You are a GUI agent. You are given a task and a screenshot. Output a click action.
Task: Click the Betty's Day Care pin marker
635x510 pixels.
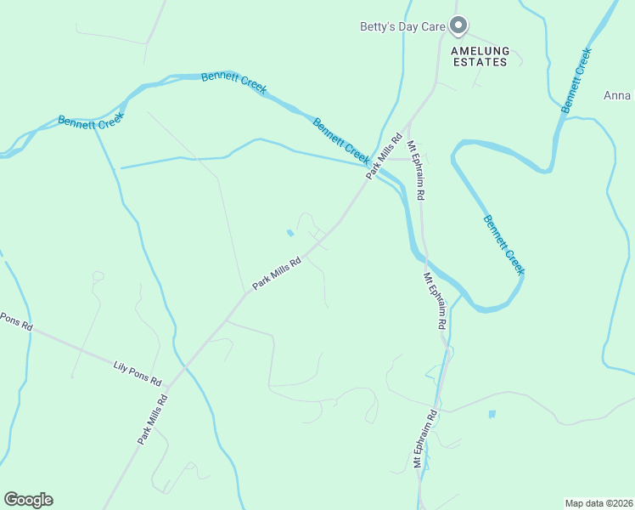pos(458,25)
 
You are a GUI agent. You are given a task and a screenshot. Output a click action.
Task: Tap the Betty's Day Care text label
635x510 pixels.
pos(402,27)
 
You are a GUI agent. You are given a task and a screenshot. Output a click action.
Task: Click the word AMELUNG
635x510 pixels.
pos(480,51)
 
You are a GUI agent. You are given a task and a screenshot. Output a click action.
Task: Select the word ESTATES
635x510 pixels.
pos(480,62)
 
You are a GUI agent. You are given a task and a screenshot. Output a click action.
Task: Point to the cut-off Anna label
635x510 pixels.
pos(618,95)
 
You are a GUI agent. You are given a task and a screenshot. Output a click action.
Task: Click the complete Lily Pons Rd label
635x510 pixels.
pos(138,374)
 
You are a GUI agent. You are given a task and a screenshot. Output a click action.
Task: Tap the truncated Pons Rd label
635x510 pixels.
pos(15,322)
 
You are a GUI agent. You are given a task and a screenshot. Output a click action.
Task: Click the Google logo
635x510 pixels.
pos(28,500)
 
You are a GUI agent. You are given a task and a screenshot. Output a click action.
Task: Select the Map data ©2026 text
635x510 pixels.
pos(598,502)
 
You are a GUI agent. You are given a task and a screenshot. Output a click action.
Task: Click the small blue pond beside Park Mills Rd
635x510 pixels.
pos(290,232)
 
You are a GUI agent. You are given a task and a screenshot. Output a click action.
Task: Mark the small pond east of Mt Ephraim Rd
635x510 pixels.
pos(492,414)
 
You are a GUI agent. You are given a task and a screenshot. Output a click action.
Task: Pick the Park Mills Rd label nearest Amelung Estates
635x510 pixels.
pos(384,155)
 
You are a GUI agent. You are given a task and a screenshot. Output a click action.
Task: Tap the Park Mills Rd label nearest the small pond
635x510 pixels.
pos(277,274)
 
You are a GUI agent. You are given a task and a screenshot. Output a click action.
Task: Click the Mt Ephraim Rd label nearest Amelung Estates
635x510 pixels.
pos(417,170)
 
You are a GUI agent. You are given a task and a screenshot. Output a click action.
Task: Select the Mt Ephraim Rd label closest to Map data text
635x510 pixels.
pos(424,439)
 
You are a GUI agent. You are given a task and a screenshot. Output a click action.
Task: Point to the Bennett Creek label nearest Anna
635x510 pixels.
pos(576,82)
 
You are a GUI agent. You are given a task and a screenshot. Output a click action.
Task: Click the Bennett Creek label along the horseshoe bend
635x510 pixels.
pos(504,245)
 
